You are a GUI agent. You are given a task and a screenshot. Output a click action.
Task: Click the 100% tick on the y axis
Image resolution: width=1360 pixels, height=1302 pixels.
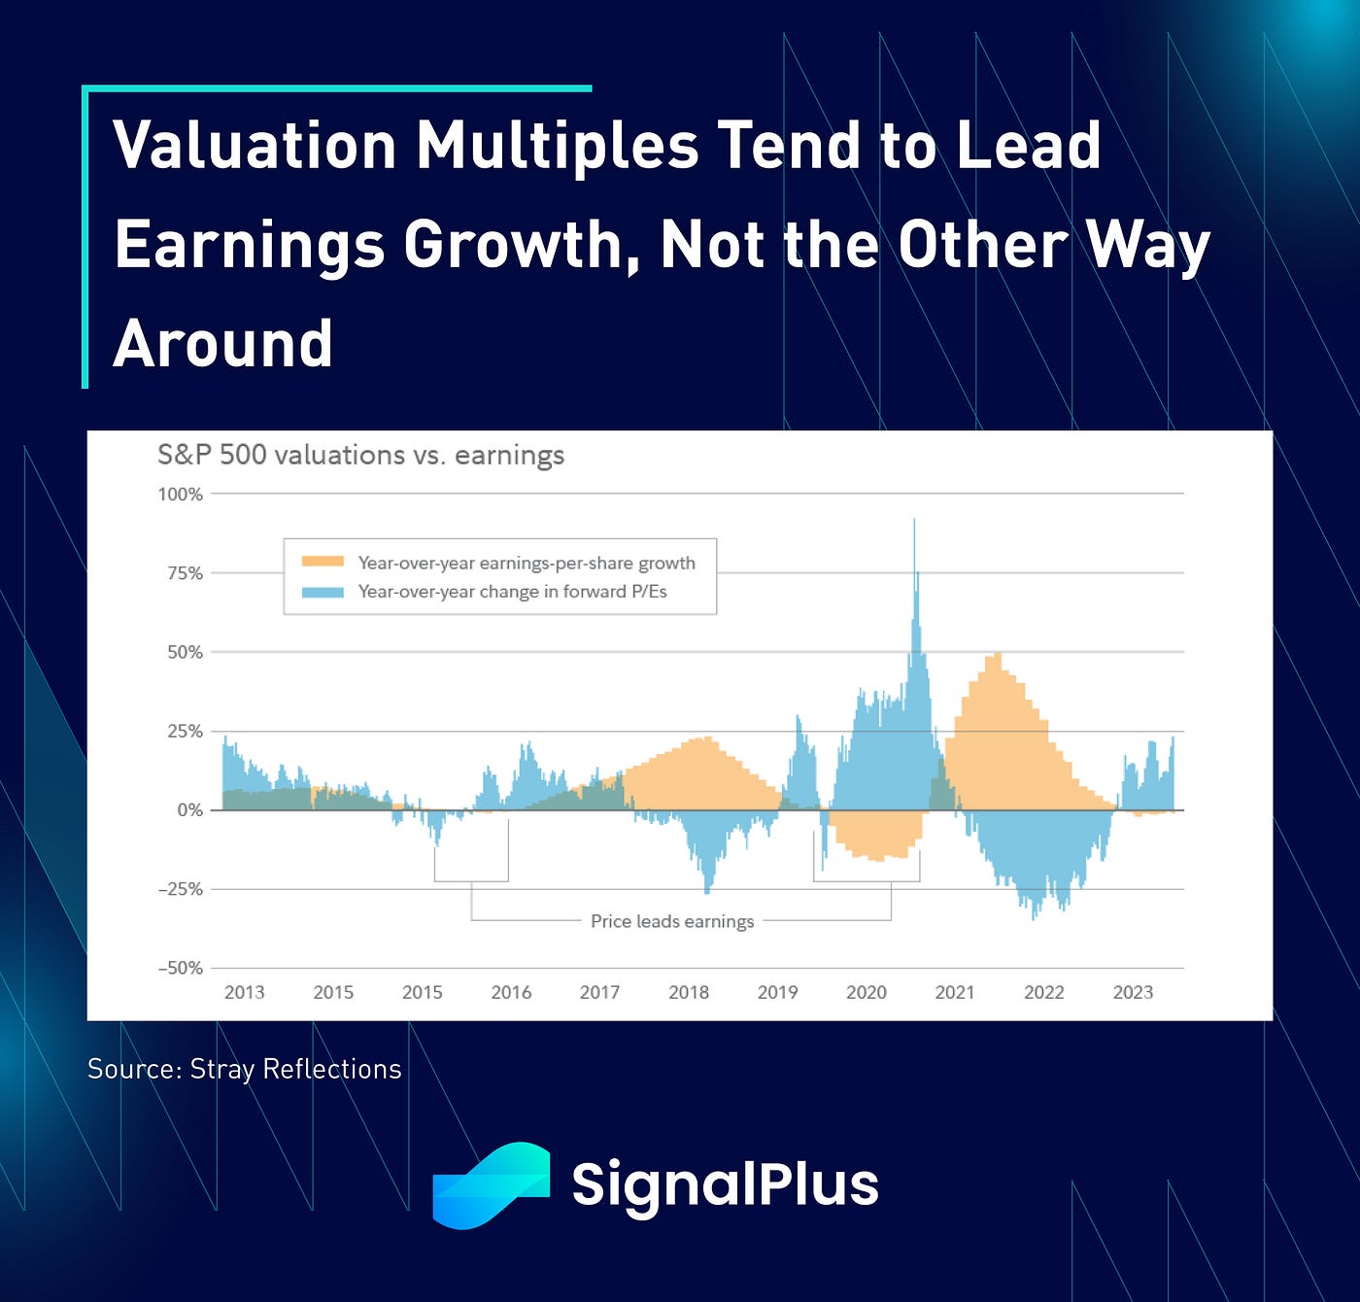point(181,495)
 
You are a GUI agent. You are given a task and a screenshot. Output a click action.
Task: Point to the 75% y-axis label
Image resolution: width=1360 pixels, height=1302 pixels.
point(186,573)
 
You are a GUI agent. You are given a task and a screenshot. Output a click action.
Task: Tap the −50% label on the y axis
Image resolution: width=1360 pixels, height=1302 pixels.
point(181,968)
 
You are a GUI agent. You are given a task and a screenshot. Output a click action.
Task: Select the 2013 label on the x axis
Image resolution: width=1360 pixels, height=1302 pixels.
point(245,992)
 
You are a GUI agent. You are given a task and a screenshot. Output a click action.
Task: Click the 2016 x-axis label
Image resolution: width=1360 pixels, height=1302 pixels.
point(511,992)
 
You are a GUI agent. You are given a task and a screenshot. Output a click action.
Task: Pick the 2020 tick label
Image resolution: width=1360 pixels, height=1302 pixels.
point(867,992)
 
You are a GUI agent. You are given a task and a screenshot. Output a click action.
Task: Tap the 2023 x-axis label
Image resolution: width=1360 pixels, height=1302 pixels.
point(1133,992)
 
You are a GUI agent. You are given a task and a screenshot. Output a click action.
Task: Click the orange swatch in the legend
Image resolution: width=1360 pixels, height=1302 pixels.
point(323,562)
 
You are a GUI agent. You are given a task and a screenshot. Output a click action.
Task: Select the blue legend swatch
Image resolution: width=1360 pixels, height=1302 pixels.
point(323,592)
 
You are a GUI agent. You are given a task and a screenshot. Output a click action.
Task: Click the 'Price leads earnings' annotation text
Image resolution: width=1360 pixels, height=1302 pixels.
point(672,921)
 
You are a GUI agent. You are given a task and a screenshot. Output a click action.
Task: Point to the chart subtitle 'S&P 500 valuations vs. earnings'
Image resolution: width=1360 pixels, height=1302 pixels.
point(360,455)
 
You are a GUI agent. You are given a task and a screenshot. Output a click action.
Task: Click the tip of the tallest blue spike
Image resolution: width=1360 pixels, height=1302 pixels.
point(914,519)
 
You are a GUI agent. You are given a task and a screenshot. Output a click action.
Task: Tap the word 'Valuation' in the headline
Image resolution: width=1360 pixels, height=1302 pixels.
point(255,146)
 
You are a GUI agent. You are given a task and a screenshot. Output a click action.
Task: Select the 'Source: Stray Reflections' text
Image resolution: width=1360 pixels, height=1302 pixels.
point(245,1069)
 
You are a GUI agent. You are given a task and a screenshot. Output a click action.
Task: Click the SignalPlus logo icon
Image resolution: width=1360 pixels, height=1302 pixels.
point(492,1185)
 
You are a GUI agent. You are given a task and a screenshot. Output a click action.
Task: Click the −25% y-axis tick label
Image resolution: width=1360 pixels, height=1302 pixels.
point(181,889)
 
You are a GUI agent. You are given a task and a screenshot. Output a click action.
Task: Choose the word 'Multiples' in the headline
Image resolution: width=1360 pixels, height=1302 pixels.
point(557,147)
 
